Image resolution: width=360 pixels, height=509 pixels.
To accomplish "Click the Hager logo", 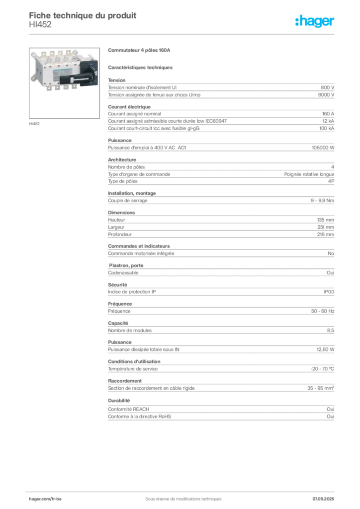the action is (315, 21).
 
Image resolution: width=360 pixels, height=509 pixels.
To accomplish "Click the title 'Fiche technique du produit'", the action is (83, 15).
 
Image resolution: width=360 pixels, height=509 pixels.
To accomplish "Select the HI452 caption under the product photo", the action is (34, 124).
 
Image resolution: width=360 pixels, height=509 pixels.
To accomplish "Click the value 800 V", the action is (327, 87).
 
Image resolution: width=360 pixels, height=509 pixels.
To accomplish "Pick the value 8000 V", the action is (326, 95).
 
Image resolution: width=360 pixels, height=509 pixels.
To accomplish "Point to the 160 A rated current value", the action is (328, 114).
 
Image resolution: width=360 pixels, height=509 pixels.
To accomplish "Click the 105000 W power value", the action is (323, 148).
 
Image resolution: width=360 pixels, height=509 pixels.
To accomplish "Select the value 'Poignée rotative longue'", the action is (309, 174).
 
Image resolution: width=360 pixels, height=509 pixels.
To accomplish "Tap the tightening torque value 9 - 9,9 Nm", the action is (322, 201).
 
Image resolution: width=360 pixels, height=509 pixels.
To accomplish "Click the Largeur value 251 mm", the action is (326, 227).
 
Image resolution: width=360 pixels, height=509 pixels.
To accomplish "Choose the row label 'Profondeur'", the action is (120, 235).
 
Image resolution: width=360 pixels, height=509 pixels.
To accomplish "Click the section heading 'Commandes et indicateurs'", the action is (139, 246).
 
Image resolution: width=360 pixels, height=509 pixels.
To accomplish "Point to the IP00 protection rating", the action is (329, 292).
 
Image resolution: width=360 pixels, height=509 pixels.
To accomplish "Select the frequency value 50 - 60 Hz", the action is (322, 311).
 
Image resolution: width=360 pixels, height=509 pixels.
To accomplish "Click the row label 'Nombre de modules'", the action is (130, 331).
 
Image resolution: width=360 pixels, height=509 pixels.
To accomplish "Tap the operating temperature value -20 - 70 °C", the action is (322, 369).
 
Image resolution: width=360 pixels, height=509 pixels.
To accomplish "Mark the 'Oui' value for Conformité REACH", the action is (330, 410).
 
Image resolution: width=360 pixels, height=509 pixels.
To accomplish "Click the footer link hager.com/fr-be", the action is (45, 499).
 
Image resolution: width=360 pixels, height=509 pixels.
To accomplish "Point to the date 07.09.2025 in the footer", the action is (323, 499).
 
